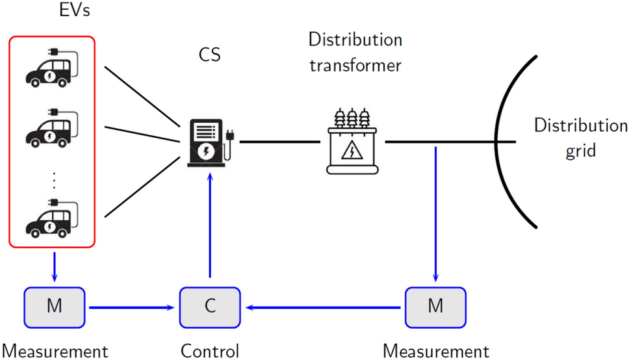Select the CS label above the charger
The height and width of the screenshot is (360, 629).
pyautogui.click(x=209, y=55)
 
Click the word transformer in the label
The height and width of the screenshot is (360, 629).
pyautogui.click(x=355, y=65)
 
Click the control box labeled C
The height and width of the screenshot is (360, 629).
pyautogui.click(x=210, y=305)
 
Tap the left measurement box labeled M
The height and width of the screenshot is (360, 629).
pyautogui.click(x=55, y=305)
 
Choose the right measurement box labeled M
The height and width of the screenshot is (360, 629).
pyautogui.click(x=435, y=305)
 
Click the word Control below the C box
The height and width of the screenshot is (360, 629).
pyautogui.click(x=210, y=352)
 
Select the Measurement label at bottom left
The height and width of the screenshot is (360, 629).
pyautogui.click(x=55, y=352)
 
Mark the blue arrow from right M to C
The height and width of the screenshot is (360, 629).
pyautogui.click(x=325, y=306)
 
